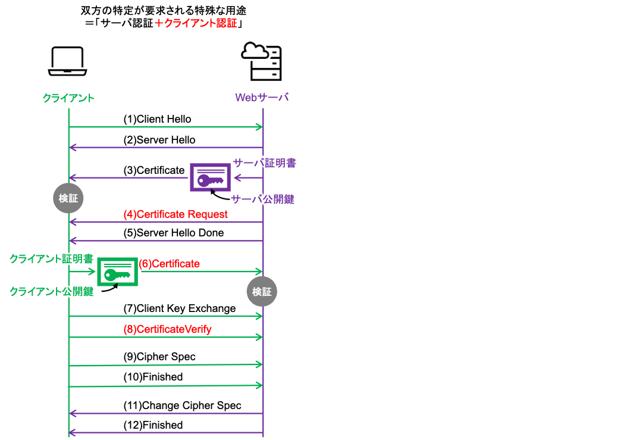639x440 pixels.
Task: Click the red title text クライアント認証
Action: [196, 23]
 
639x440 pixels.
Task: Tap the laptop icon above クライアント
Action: [68, 61]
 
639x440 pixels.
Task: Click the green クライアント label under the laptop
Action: [68, 98]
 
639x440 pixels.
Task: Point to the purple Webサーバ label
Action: [262, 97]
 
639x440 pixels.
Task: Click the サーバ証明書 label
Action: [264, 163]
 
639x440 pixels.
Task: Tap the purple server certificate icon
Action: [210, 177]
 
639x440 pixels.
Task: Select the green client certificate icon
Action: [117, 272]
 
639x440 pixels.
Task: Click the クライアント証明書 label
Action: [51, 258]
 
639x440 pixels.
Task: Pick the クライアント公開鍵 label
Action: [51, 291]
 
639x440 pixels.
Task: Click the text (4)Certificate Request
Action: [176, 214]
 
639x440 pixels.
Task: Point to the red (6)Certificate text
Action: [170, 263]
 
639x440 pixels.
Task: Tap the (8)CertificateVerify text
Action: [167, 329]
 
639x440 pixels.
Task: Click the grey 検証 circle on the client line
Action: [68, 199]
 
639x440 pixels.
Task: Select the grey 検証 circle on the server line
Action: [262, 292]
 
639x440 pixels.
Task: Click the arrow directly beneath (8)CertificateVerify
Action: [166, 338]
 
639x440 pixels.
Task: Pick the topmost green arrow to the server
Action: [166, 127]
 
